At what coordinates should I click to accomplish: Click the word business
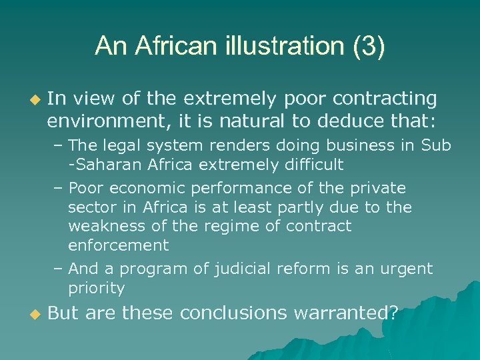point(359,145)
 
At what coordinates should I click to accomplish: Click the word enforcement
point(119,245)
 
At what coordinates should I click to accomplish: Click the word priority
point(96,288)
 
